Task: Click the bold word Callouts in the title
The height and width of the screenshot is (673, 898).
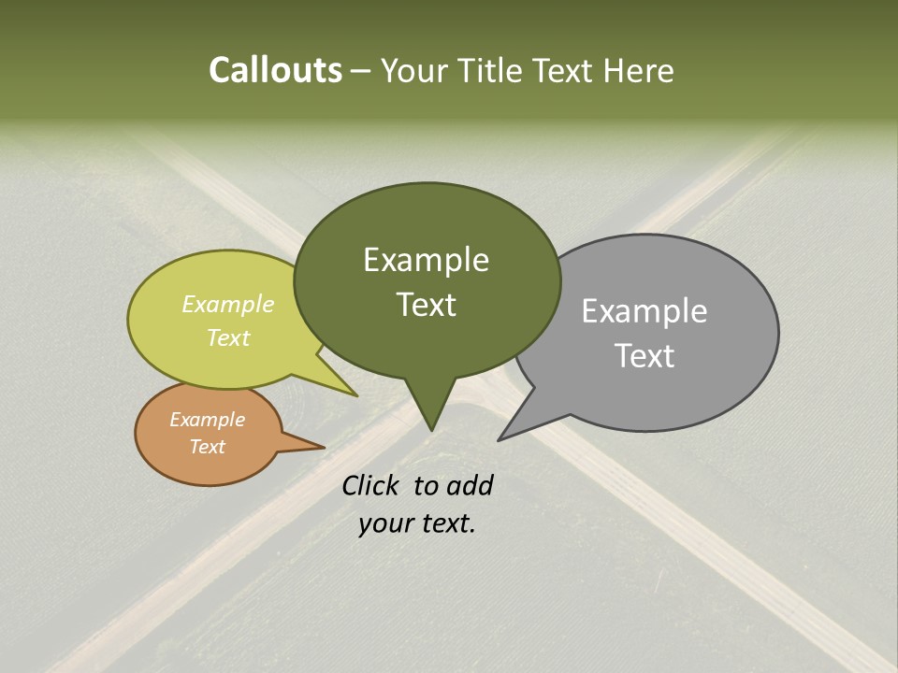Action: click(275, 70)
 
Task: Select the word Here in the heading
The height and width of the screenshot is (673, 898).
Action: click(637, 71)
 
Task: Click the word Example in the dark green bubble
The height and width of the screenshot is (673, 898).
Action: click(426, 260)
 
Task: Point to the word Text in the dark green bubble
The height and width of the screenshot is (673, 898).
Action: click(426, 305)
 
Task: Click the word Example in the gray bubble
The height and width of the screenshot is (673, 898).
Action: click(645, 311)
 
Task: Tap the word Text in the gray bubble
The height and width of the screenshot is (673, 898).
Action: click(645, 356)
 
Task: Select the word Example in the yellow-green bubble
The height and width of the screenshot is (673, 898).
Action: click(228, 305)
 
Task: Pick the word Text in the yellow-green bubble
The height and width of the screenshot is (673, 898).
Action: click(228, 337)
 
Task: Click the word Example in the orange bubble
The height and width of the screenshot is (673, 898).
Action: click(208, 420)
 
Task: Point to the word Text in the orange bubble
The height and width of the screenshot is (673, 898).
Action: click(208, 447)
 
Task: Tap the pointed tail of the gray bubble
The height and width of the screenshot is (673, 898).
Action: click(511, 431)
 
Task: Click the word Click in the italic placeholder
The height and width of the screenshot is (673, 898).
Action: click(372, 485)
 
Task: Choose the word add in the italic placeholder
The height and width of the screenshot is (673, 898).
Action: click(470, 485)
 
